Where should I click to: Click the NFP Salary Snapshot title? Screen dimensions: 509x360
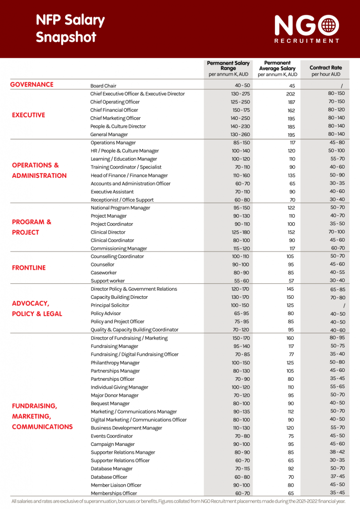[70, 28]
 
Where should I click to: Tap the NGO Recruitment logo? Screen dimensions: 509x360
[307, 29]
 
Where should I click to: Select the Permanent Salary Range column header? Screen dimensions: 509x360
[228, 69]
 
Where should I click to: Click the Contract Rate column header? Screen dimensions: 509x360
[326, 71]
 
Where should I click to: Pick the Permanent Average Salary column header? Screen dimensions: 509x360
[277, 69]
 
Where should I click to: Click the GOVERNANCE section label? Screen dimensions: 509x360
[32, 85]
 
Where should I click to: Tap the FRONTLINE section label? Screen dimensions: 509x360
[29, 268]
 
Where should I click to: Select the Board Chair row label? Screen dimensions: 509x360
[103, 85]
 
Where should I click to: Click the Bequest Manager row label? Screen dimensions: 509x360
[110, 404]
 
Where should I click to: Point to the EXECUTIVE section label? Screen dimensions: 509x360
[28, 115]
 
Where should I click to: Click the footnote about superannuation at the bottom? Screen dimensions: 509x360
[178, 501]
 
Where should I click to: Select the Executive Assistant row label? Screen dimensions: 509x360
[112, 191]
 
